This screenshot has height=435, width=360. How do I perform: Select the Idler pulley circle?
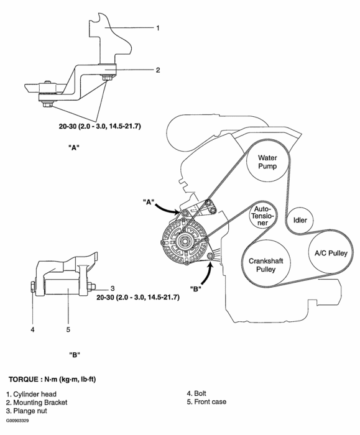coord(302,221)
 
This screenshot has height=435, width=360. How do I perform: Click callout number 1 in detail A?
coord(158,28)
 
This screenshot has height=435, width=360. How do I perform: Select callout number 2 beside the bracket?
coord(158,70)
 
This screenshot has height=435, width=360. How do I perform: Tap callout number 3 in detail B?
coord(113,288)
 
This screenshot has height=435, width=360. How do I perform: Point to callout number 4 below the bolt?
coord(32,329)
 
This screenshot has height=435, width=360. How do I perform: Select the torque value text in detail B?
coord(138,298)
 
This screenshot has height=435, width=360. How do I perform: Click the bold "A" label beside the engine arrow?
coord(148,201)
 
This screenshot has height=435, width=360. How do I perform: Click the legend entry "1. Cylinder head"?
coord(32,393)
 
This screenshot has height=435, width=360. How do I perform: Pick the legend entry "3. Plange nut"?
coord(29,411)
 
